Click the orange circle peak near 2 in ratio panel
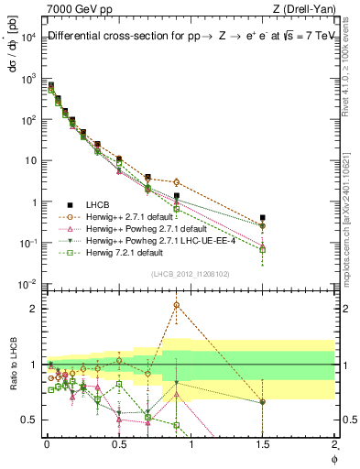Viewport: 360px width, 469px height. tap(176, 305)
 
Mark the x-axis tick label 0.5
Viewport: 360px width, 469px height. tap(118, 443)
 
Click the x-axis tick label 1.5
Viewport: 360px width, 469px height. tap(263, 443)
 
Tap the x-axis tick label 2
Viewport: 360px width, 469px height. tap(335, 443)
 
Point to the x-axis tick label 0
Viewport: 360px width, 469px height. tap(46, 443)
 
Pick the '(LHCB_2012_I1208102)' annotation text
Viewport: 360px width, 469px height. tap(190, 273)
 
